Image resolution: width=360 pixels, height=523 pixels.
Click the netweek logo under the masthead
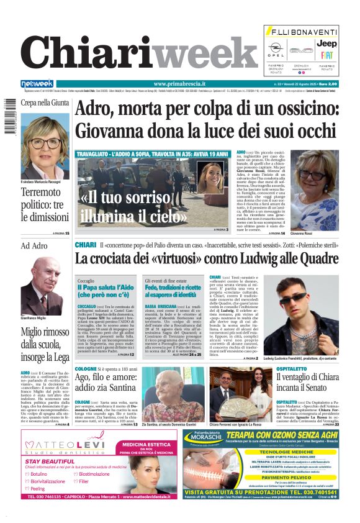(37, 84)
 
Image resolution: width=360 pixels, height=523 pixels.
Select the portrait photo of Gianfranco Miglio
(43, 292)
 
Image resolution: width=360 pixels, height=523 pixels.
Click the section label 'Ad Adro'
(34, 246)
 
